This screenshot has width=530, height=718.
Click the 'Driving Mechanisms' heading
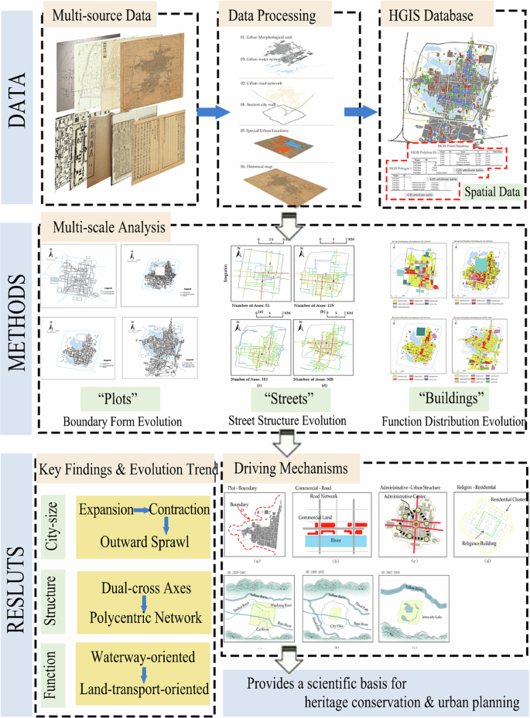(x=284, y=468)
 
